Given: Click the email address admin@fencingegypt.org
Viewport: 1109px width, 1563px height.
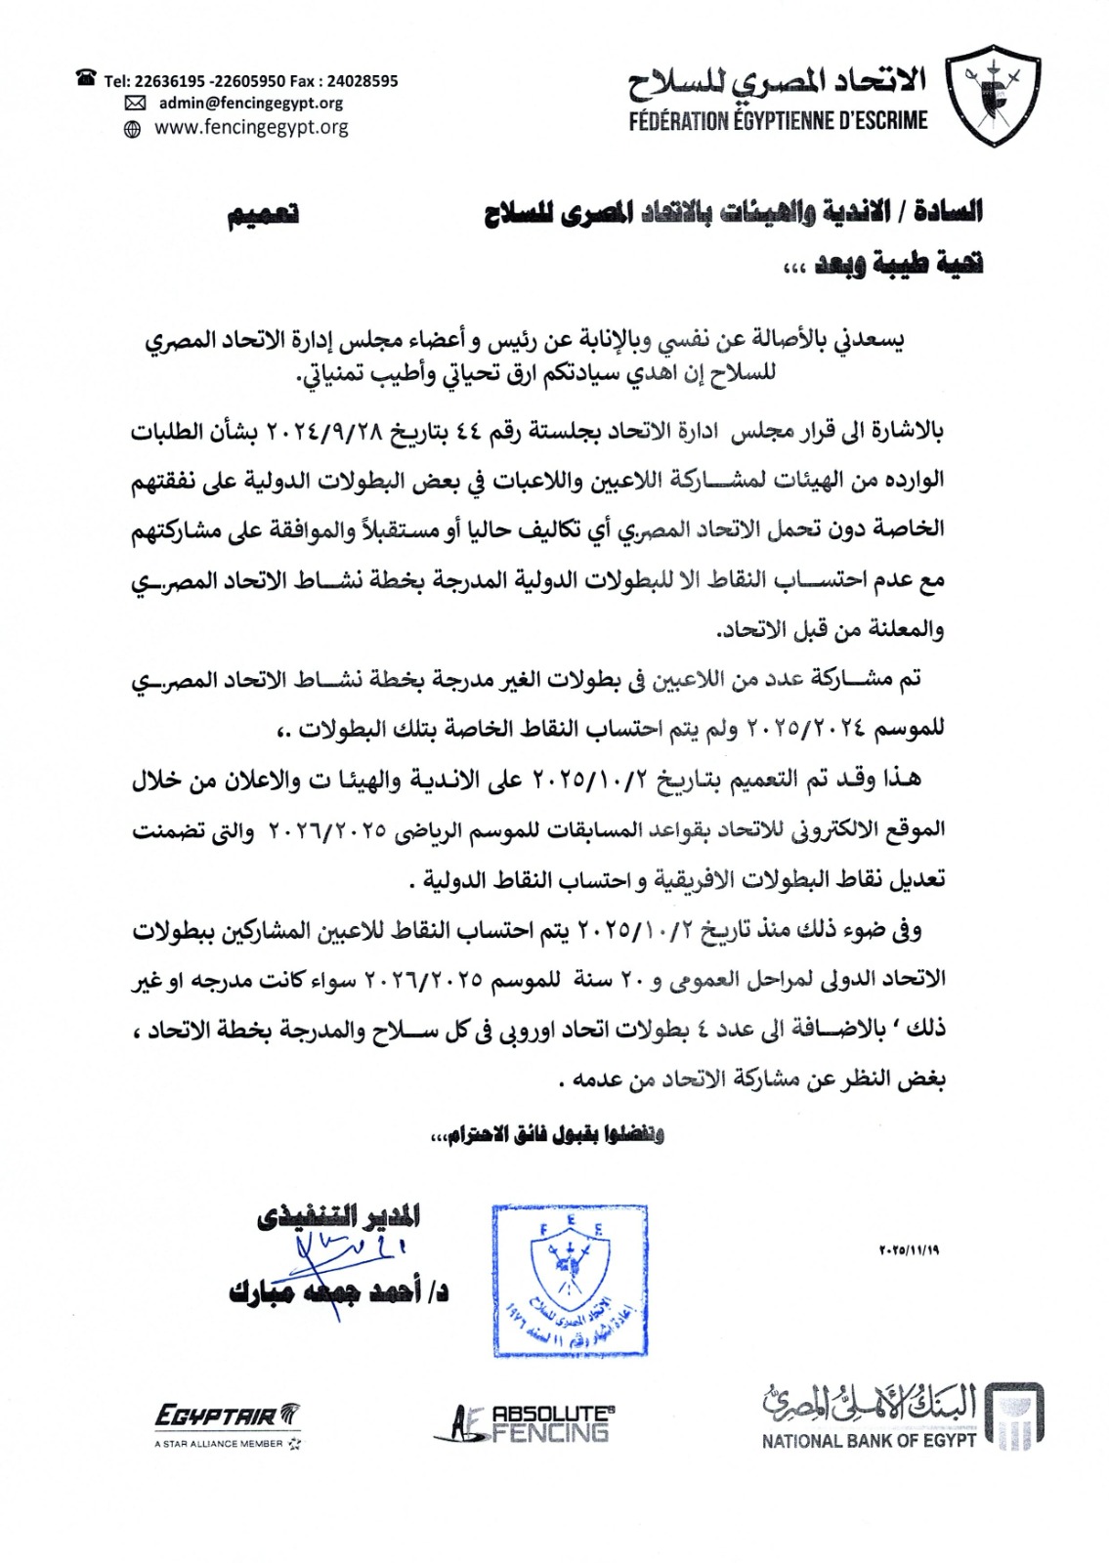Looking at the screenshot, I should coord(251,103).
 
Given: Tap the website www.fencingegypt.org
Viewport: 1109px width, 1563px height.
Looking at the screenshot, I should coord(251,127).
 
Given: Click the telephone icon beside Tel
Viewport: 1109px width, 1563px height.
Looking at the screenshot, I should coord(87,78).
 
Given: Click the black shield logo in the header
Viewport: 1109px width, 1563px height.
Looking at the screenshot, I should coord(996,95).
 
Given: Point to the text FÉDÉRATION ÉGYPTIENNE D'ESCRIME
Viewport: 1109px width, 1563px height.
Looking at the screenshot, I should coord(778,121).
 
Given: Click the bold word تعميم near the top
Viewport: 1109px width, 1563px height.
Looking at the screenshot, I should coord(264,215).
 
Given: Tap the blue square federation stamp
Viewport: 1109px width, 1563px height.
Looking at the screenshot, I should coord(570,1280).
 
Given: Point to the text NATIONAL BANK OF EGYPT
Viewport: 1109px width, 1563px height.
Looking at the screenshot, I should coord(869,1440).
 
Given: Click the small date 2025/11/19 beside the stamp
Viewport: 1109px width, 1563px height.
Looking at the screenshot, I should coord(909,1249).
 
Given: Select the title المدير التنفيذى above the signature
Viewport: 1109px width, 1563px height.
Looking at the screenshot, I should coord(339,1216).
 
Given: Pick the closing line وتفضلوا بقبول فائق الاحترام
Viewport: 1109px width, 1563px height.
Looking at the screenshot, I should coord(547,1134).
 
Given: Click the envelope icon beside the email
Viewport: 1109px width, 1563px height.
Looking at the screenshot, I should coord(135,104).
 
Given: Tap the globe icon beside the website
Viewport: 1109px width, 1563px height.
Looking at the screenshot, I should coord(133,128).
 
